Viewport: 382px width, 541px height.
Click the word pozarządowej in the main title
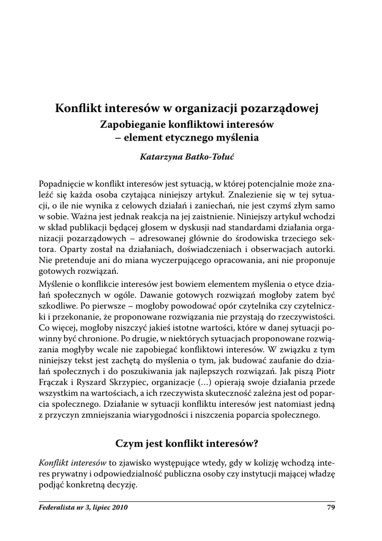coord(279,110)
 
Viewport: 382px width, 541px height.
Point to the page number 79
coord(332,508)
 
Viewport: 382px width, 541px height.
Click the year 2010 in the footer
coord(119,508)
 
